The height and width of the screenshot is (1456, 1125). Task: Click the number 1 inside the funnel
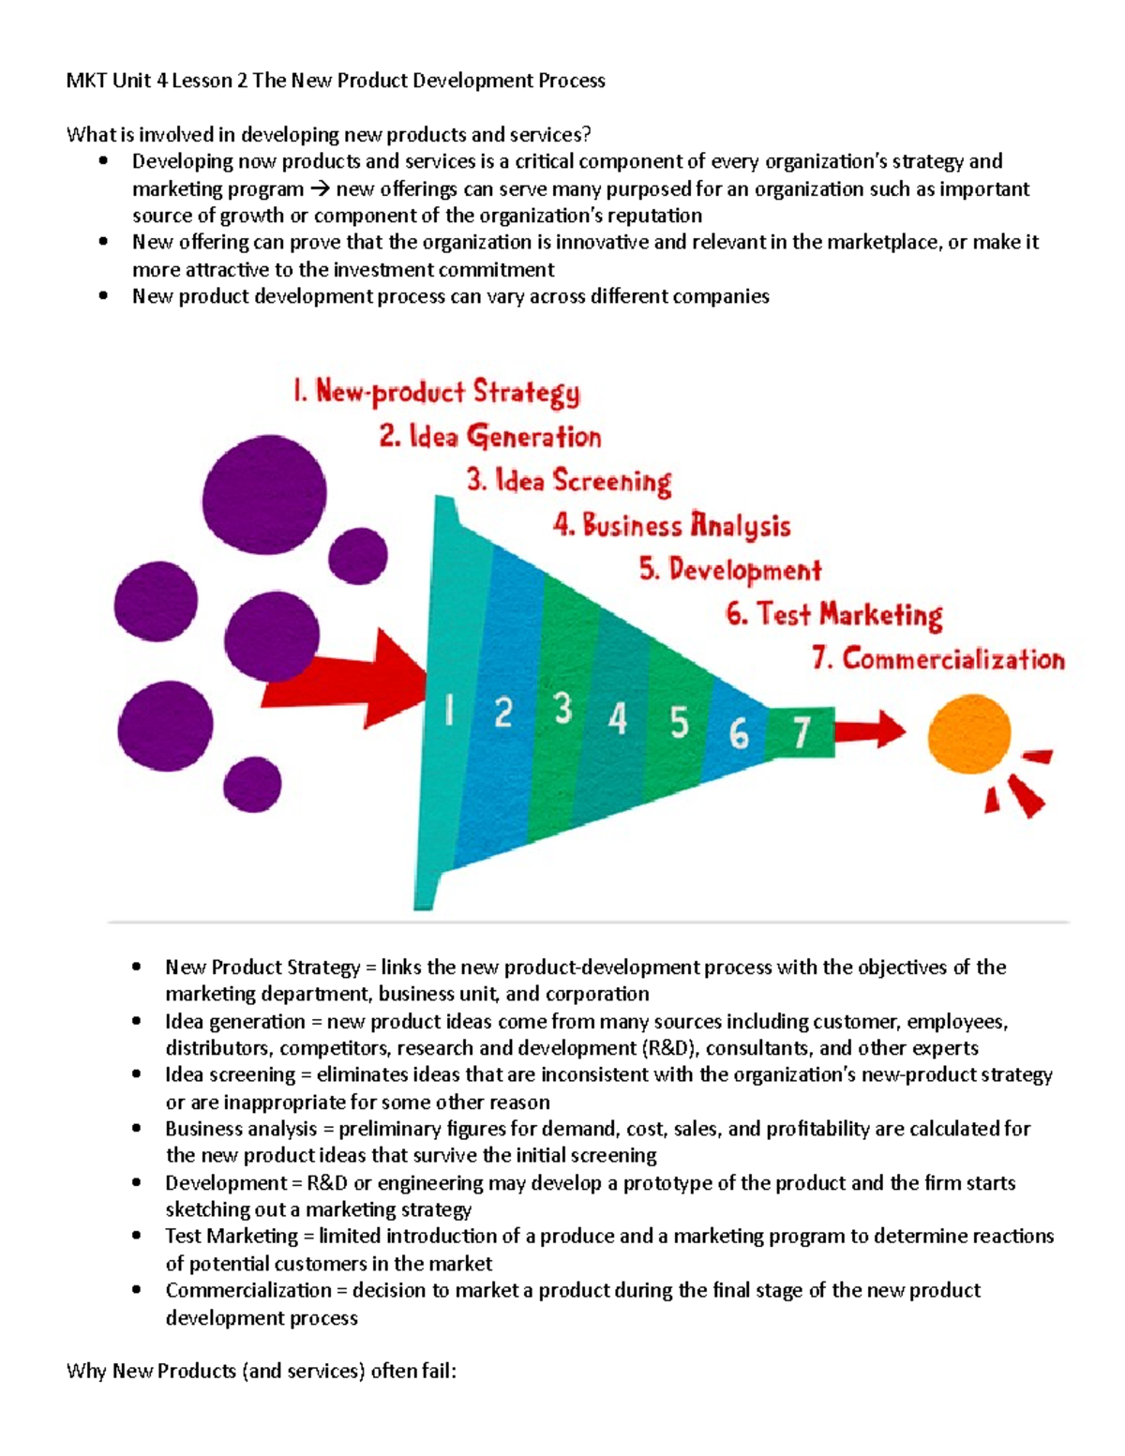pos(449,713)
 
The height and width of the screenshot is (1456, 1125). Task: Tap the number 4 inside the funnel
pos(617,719)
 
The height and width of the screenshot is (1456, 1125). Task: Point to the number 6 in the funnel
pos(739,733)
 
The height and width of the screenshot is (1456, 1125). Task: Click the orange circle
pos(968,735)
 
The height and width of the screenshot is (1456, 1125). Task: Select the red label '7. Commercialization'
pos(938,658)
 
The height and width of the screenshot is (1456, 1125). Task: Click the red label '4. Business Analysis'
pos(671,525)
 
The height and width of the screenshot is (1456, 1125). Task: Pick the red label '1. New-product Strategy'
pos(436,391)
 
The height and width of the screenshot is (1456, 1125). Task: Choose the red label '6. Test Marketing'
pos(833,614)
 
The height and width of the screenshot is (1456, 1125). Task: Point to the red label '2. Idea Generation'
pos(490,436)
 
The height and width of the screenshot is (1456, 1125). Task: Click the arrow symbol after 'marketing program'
pos(320,189)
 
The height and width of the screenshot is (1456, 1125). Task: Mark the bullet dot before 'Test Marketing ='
pos(138,1237)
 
